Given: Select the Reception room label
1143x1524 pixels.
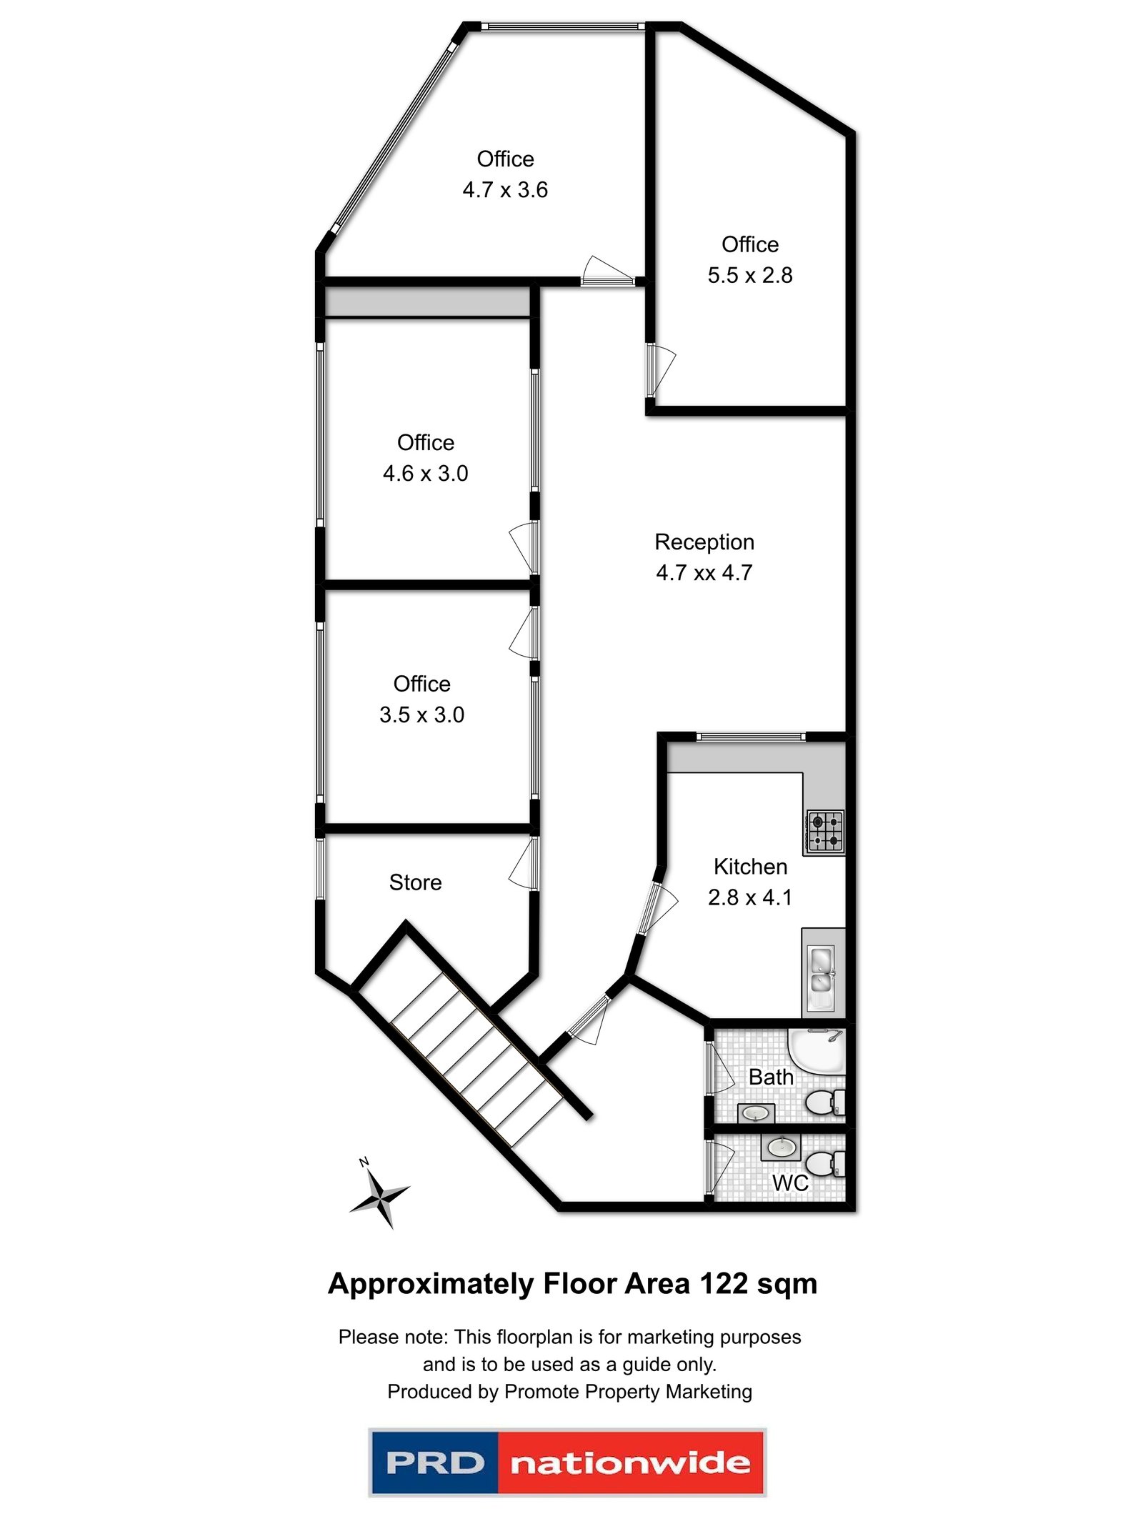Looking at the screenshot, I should [x=704, y=542].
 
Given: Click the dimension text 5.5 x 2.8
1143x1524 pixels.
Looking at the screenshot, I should [x=749, y=275].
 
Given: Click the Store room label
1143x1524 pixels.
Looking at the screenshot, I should [x=415, y=882].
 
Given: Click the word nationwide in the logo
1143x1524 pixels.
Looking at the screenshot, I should [x=630, y=1463].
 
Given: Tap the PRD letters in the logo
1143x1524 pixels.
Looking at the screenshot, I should [x=434, y=1463].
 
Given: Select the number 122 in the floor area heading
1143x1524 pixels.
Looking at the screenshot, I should [x=724, y=1284].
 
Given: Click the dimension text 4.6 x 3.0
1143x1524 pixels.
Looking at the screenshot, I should [x=425, y=473].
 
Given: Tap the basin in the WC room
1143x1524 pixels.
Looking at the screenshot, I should [x=780, y=1148].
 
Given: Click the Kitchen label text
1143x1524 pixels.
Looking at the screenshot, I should [x=749, y=867].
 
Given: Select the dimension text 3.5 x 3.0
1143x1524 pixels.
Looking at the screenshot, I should [x=421, y=714].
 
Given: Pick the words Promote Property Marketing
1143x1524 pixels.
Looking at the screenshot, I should [x=627, y=1391].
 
